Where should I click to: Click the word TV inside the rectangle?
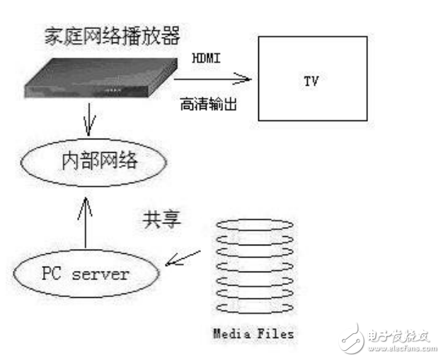pyautogui.click(x=311, y=80)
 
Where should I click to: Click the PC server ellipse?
pyautogui.click(x=85, y=273)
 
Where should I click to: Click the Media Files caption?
pyautogui.click(x=251, y=332)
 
